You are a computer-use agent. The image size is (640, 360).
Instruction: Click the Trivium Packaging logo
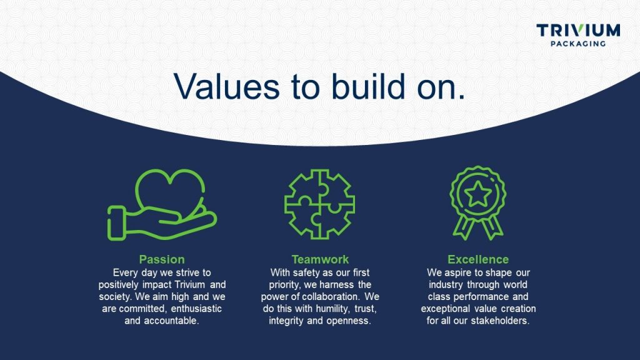(x=578, y=35)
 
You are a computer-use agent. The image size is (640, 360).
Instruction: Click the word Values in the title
(x=226, y=86)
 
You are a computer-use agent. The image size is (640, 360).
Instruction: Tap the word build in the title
(x=368, y=86)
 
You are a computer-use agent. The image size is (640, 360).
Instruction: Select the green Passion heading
(x=162, y=259)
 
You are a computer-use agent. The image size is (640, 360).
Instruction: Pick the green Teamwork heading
(x=320, y=259)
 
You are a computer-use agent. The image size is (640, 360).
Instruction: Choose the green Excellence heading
(x=478, y=259)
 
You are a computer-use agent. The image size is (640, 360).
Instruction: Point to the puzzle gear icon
(x=319, y=204)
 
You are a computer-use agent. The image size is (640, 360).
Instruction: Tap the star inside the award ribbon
(x=478, y=194)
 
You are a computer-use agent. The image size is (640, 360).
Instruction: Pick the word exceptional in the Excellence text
(x=444, y=309)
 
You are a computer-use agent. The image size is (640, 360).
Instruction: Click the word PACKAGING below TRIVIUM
(x=578, y=43)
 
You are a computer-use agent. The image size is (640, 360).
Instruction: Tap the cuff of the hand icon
(x=116, y=223)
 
